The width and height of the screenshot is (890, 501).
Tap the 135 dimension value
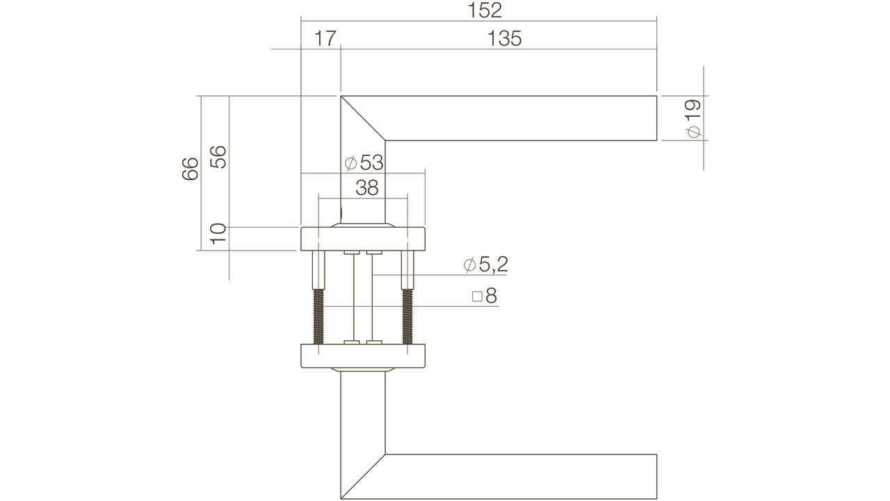point(505,38)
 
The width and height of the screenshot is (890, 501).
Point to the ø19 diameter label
point(693,118)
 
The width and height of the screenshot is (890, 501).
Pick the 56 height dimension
point(218,157)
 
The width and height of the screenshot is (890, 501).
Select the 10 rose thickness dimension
point(218,233)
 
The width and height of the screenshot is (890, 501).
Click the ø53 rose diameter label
point(364,163)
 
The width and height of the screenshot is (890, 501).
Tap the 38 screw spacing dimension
point(366,187)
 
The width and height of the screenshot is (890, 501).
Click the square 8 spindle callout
point(485,296)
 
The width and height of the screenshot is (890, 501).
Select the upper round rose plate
point(362,238)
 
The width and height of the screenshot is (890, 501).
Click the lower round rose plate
point(362,356)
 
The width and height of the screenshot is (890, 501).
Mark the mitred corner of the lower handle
point(362,477)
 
